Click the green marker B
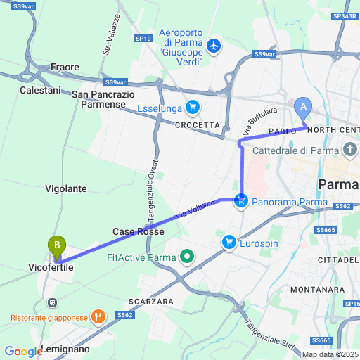(56, 246)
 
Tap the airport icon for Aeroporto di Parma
(213, 46)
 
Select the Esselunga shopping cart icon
(192, 108)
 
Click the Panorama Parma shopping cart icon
(242, 202)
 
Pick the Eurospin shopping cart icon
(229, 243)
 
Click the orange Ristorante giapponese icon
(98, 317)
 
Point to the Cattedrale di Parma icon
(351, 150)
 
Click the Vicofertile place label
(51, 268)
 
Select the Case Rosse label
(138, 231)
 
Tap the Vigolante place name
(66, 188)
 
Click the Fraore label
(65, 67)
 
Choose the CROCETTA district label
(198, 125)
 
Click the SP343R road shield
(345, 16)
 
